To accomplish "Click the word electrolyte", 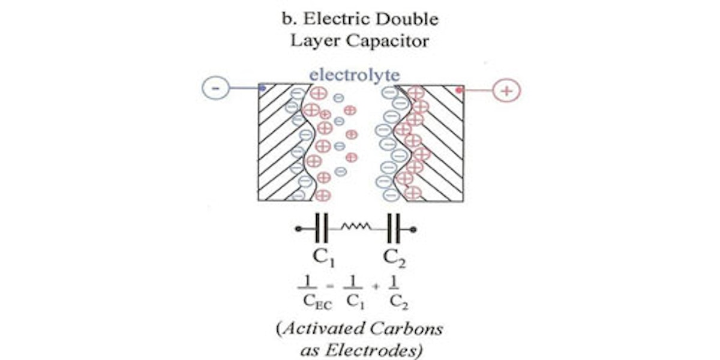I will tap(354, 76).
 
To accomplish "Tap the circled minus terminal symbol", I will tap(216, 90).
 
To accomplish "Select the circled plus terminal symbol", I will tap(506, 91).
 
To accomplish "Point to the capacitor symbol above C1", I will tap(322, 229).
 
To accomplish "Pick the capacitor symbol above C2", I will tap(394, 229).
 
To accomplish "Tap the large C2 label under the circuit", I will tap(395, 258).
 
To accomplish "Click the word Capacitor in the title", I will tap(392, 41).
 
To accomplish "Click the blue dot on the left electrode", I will tap(262, 89).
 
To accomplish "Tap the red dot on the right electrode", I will tap(460, 91).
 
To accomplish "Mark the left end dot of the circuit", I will tap(298, 229).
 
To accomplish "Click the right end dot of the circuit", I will tap(414, 229).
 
